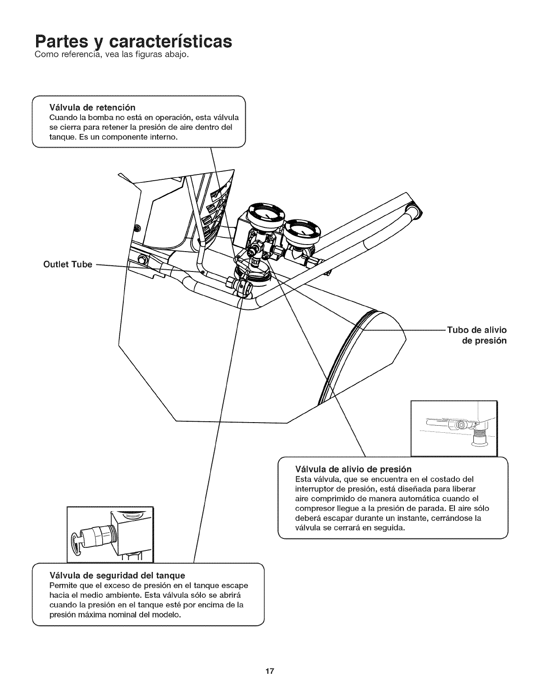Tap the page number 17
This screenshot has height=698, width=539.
pyautogui.click(x=269, y=672)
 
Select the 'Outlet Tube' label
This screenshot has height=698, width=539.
pyautogui.click(x=67, y=264)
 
